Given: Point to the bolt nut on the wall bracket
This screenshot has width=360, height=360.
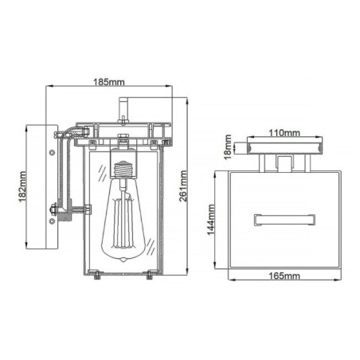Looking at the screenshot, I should click(53, 211).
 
